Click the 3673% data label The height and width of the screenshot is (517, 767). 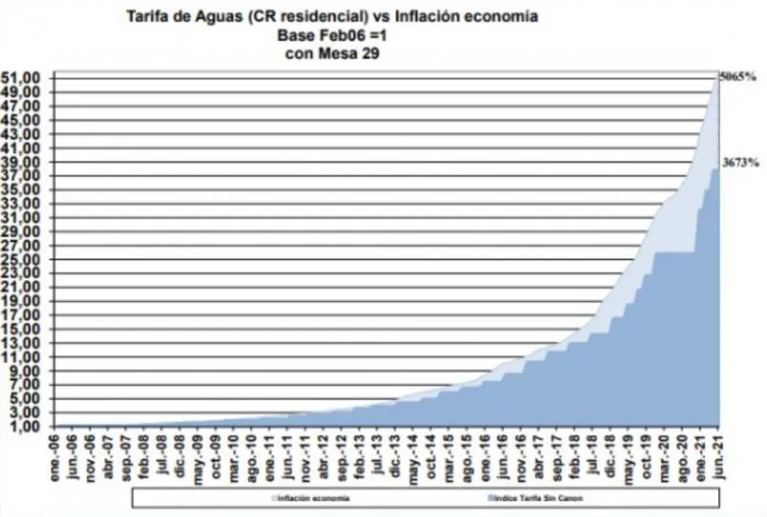coord(741,163)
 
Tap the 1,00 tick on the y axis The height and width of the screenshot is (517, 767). coord(26,426)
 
